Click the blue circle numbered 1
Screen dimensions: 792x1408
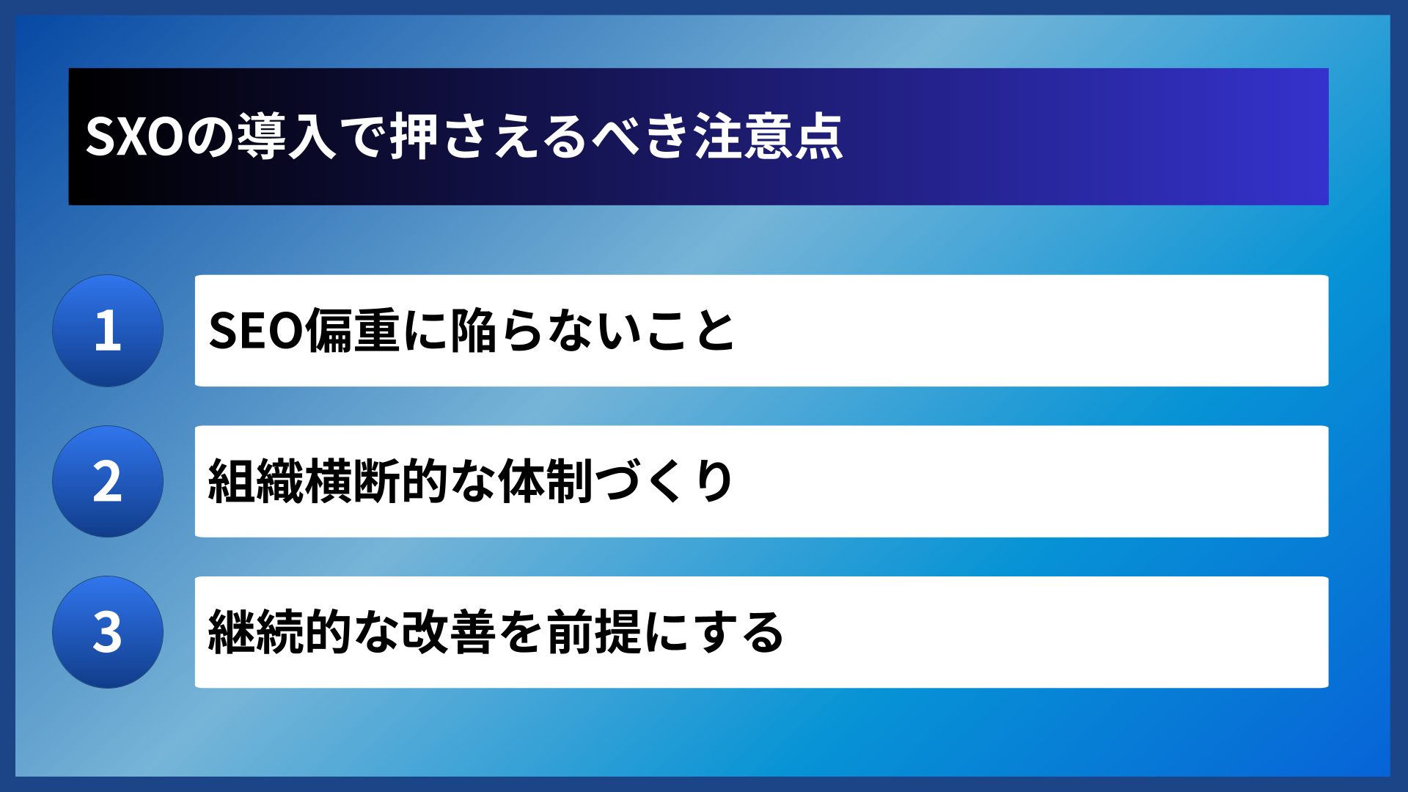click(108, 331)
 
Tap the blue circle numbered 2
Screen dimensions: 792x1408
click(108, 482)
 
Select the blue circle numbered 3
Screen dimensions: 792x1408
click(108, 632)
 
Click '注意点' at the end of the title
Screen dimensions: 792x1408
click(769, 137)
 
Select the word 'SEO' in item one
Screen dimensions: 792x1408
click(256, 331)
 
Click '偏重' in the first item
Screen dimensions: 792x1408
click(353, 331)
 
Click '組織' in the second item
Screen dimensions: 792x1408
click(256, 482)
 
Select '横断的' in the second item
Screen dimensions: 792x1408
click(377, 482)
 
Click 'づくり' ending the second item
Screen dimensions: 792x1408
click(664, 482)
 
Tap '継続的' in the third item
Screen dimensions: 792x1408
click(279, 632)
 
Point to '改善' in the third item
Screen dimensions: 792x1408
click(449, 632)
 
